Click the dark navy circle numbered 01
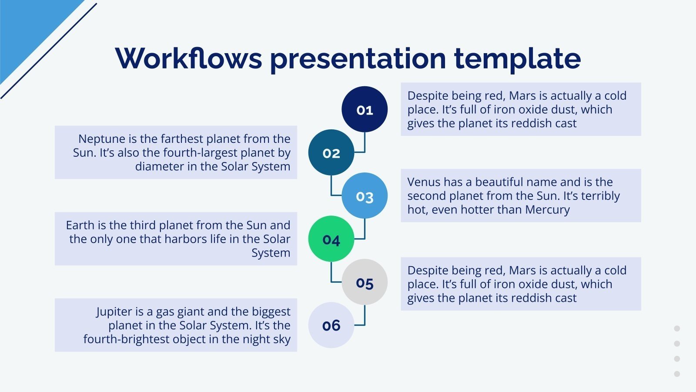tap(365, 109)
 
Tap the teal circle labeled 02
tap(331, 152)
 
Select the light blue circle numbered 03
tap(365, 196)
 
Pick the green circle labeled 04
tap(331, 239)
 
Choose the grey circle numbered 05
tap(365, 282)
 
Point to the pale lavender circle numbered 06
tap(331, 325)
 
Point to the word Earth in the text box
tap(81, 225)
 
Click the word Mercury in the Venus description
tap(548, 210)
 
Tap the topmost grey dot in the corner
tap(677, 328)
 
